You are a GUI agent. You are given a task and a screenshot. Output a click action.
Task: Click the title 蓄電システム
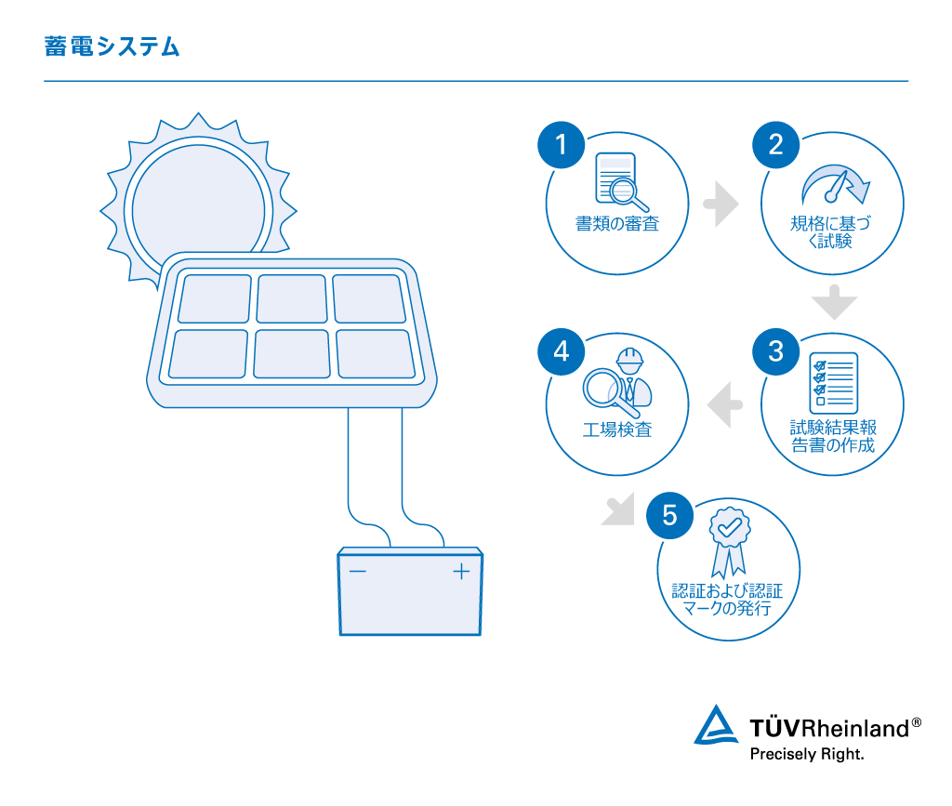pyautogui.click(x=112, y=46)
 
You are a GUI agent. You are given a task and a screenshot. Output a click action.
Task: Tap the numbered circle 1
pyautogui.click(x=561, y=144)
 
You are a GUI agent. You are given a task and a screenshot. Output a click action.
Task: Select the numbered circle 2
pyautogui.click(x=775, y=144)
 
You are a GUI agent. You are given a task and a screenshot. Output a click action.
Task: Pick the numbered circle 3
pyautogui.click(x=775, y=352)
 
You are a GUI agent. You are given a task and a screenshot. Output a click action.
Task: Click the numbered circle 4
pyautogui.click(x=561, y=352)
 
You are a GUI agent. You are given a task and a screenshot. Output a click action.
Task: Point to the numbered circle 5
pyautogui.click(x=671, y=514)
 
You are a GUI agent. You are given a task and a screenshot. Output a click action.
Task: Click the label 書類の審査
pyautogui.click(x=617, y=224)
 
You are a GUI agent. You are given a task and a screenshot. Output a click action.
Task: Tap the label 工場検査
pyautogui.click(x=617, y=430)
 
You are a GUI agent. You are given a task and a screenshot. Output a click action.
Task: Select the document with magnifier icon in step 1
pyautogui.click(x=620, y=180)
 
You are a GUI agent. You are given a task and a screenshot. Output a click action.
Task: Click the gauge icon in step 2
pyautogui.click(x=837, y=184)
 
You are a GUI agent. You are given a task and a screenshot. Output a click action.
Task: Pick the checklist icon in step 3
pyautogui.click(x=833, y=382)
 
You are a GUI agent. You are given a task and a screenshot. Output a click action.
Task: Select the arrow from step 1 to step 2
pyautogui.click(x=721, y=205)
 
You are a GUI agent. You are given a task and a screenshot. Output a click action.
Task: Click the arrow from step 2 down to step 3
pyautogui.click(x=833, y=302)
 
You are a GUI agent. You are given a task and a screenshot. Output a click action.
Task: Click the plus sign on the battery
pyautogui.click(x=461, y=571)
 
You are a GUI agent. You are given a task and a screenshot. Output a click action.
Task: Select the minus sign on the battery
pyautogui.click(x=357, y=571)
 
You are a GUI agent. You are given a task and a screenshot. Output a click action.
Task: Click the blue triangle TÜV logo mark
pyautogui.click(x=716, y=726)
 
